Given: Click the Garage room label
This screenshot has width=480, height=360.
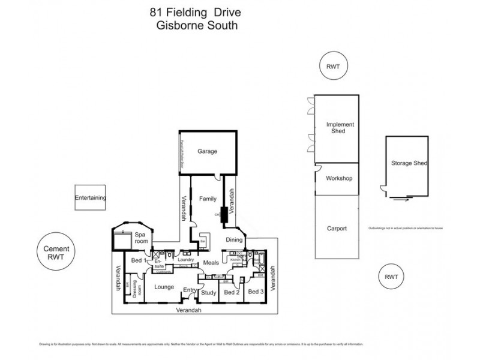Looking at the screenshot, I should (x=208, y=151).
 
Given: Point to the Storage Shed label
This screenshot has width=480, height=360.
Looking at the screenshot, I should (x=408, y=163).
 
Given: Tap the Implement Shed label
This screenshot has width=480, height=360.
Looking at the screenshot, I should (x=340, y=128).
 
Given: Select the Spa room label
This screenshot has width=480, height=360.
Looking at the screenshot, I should (x=140, y=237).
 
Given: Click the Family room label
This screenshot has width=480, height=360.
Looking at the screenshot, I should (x=207, y=197).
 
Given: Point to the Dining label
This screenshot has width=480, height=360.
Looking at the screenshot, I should (x=235, y=239).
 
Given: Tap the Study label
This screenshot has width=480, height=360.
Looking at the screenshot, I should (x=208, y=293).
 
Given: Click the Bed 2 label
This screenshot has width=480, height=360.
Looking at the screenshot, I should (x=232, y=292).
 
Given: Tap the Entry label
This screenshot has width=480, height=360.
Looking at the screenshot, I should (x=190, y=291).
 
